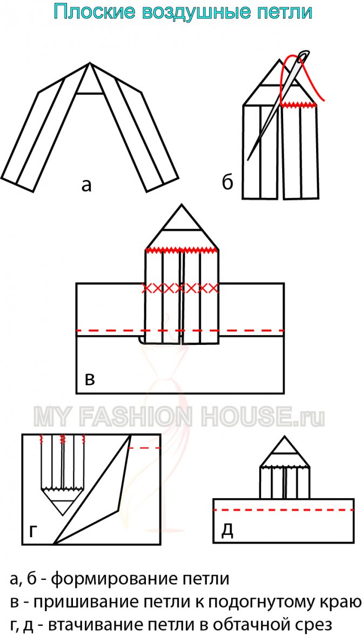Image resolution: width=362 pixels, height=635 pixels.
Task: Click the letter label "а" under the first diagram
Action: coord(86,185)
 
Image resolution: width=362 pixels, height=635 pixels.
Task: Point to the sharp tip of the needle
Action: coord(248,159)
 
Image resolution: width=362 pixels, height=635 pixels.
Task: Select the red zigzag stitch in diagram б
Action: coord(300,105)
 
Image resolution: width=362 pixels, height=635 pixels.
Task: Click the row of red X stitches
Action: coord(180,289)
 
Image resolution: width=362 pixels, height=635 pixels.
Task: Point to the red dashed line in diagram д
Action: coord(283,509)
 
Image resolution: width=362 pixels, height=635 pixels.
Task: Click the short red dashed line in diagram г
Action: coord(145,448)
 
